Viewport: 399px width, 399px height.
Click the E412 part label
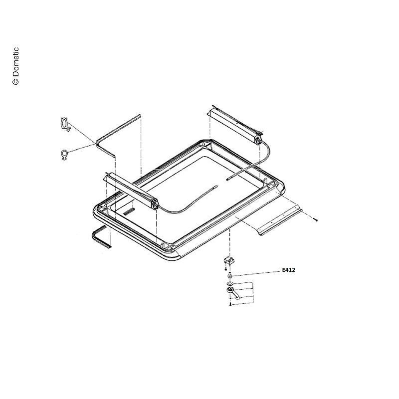(x=289, y=270)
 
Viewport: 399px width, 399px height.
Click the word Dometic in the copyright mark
(x=15, y=62)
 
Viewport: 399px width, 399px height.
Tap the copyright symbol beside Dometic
(x=15, y=81)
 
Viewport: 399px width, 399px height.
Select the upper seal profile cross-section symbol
(x=65, y=124)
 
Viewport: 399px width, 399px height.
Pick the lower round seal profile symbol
(x=64, y=155)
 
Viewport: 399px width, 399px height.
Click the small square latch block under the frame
(x=229, y=260)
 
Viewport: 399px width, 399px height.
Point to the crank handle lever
(x=233, y=293)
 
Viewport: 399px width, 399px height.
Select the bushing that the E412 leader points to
(x=230, y=275)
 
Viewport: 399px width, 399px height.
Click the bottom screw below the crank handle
(x=230, y=304)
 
